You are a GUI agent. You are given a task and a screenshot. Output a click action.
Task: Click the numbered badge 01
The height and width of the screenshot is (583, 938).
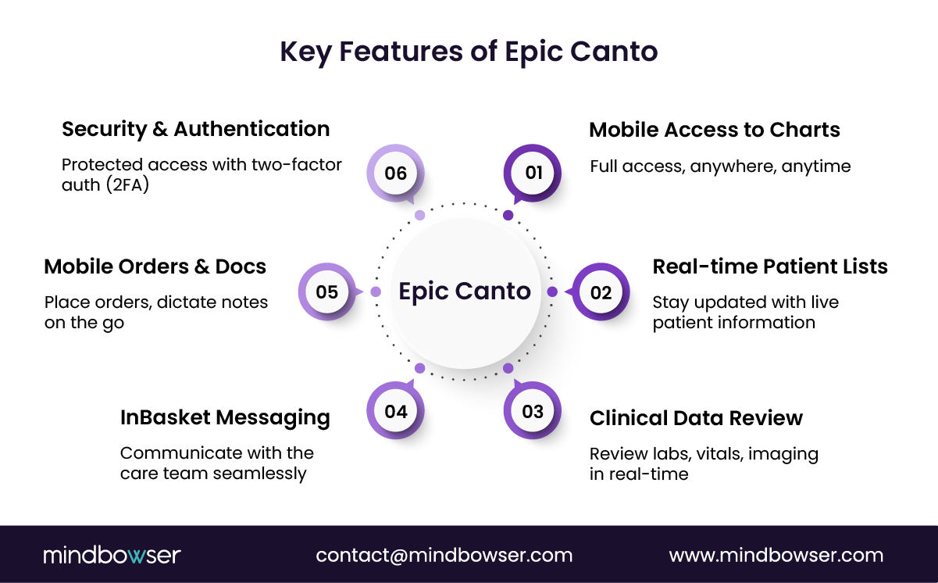(x=533, y=172)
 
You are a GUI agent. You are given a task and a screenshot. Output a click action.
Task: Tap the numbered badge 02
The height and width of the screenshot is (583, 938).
(x=601, y=292)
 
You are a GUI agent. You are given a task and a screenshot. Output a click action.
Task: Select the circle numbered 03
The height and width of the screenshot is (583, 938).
(x=533, y=411)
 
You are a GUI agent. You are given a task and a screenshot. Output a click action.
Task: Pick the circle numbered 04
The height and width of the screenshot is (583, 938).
(x=396, y=411)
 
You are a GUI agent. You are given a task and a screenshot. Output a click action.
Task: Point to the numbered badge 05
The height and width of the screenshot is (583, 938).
(x=326, y=292)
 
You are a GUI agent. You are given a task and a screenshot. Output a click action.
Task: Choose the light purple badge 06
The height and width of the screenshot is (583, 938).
(x=396, y=172)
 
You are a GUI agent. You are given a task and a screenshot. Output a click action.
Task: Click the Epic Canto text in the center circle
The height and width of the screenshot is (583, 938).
(x=465, y=291)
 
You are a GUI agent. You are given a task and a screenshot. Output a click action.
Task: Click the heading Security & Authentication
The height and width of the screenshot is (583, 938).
(x=195, y=129)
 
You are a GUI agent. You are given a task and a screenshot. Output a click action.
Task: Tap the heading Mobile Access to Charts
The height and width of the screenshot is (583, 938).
(x=715, y=130)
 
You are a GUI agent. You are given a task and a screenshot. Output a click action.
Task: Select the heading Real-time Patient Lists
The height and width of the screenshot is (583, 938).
(x=770, y=266)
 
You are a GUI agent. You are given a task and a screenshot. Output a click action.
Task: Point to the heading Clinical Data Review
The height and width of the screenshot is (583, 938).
(x=696, y=418)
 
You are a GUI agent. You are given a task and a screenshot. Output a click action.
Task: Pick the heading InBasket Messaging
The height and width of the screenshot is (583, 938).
(x=225, y=417)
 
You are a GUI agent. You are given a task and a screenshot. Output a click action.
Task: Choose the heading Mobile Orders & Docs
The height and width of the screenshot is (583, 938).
(x=155, y=266)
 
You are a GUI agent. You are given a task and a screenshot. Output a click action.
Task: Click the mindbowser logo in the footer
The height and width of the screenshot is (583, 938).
(x=112, y=556)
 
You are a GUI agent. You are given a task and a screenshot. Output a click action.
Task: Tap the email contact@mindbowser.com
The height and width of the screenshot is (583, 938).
(x=444, y=556)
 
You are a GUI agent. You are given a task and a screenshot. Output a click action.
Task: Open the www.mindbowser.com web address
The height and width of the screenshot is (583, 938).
(x=776, y=556)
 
